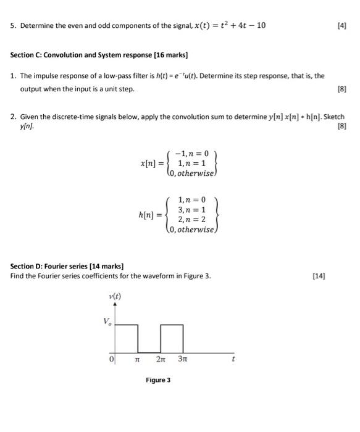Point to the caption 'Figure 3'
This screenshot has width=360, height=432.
(x=157, y=380)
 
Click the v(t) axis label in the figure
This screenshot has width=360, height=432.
(x=115, y=296)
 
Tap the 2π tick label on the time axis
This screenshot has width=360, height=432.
(x=162, y=358)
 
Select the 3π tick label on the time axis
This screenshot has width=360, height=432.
(x=183, y=358)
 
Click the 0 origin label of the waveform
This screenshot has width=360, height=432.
(x=112, y=358)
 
